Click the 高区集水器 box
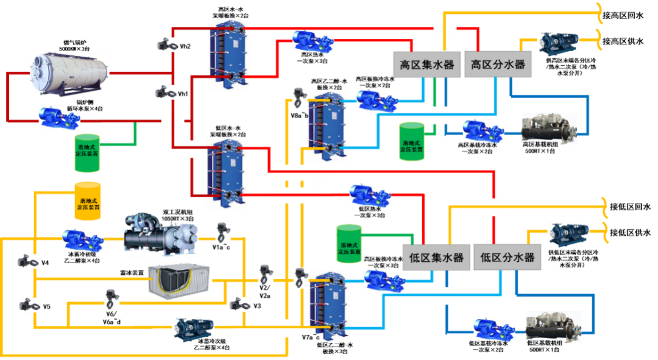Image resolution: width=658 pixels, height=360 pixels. tap(426, 65)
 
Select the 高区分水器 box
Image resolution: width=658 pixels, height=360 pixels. tap(498, 65)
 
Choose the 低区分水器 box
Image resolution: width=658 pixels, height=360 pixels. tap(507, 257)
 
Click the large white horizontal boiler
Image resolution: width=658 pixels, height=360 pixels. tap(69, 74)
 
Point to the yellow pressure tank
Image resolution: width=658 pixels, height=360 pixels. tap(88, 200)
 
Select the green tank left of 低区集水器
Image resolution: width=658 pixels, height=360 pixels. tap(349, 244)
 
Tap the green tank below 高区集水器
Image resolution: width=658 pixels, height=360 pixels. tap(411, 141)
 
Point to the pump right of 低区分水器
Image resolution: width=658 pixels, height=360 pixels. tap(568, 235)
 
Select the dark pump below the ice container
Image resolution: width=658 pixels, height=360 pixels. tap(193, 329)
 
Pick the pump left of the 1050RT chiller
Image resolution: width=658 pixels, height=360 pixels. tap(83, 240)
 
